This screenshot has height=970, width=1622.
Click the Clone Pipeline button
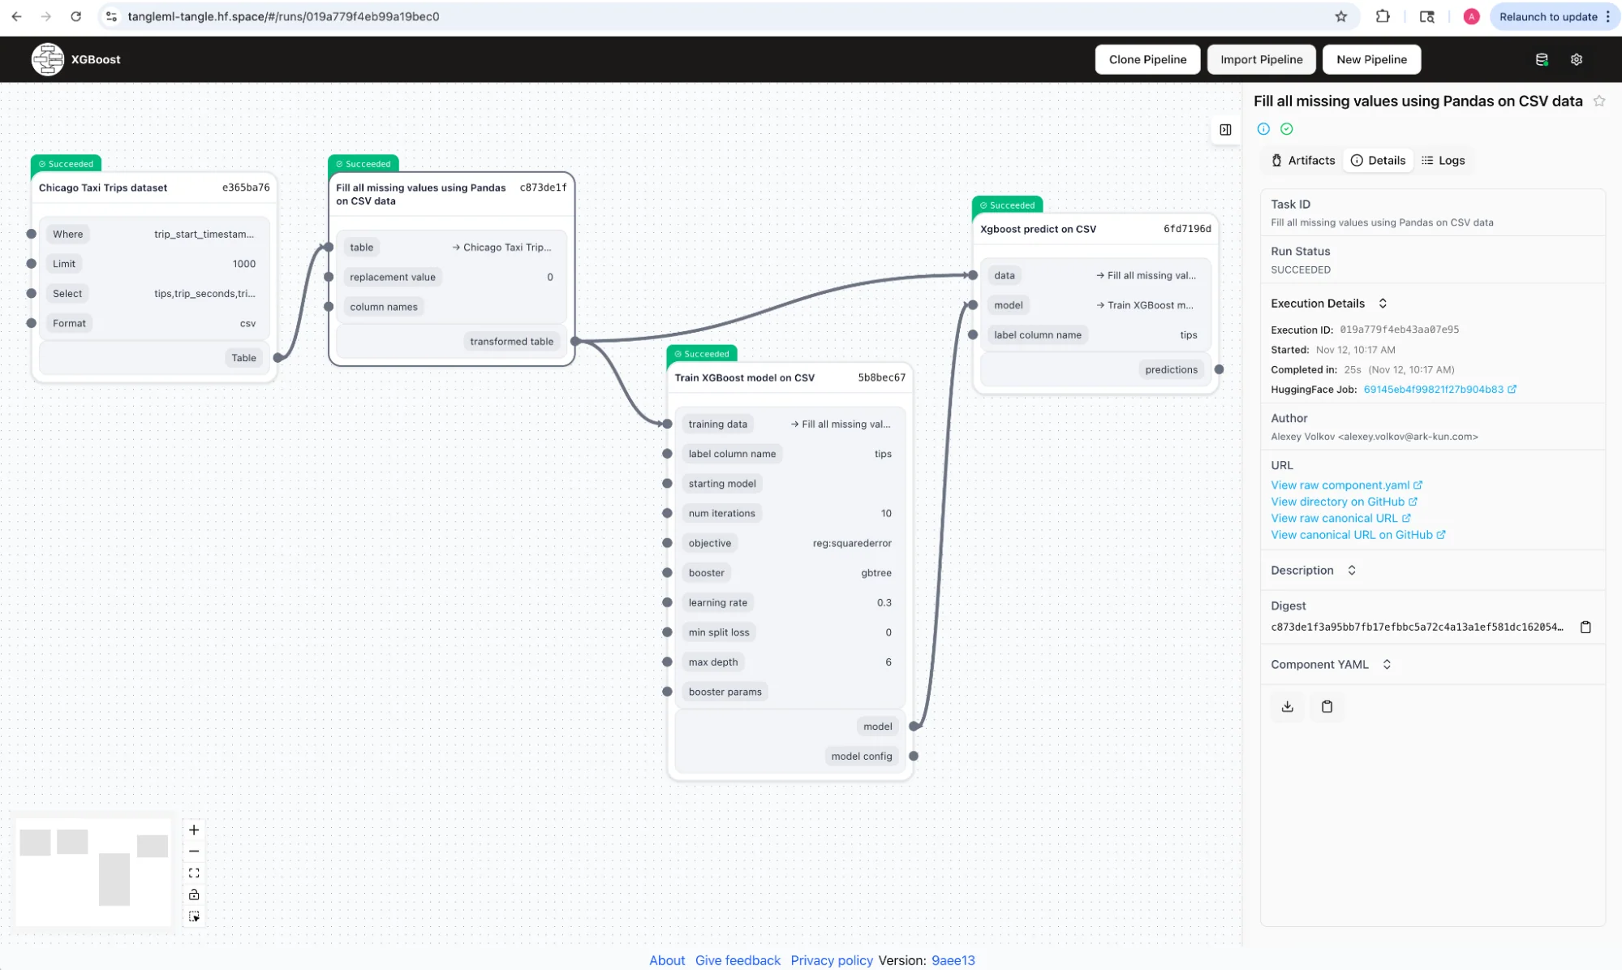[1147, 59]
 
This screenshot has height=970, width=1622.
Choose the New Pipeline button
[1371, 59]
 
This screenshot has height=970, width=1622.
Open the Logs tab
[1443, 161]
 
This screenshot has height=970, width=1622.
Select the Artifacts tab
[1303, 161]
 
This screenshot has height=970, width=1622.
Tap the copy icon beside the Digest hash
[1585, 627]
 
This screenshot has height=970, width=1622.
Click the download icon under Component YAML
[1287, 706]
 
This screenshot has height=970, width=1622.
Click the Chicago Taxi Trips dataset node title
[103, 188]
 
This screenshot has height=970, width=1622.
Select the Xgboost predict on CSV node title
[1038, 229]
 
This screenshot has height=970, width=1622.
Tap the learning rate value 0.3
[884, 603]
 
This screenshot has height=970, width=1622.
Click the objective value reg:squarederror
[852, 543]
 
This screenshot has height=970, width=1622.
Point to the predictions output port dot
[1219, 369]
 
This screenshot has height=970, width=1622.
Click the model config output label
[862, 757]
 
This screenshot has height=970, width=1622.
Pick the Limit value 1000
[243, 264]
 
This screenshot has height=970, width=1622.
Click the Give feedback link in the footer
[738, 960]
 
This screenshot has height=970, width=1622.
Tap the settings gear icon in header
[1576, 59]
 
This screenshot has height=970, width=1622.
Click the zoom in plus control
[194, 830]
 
